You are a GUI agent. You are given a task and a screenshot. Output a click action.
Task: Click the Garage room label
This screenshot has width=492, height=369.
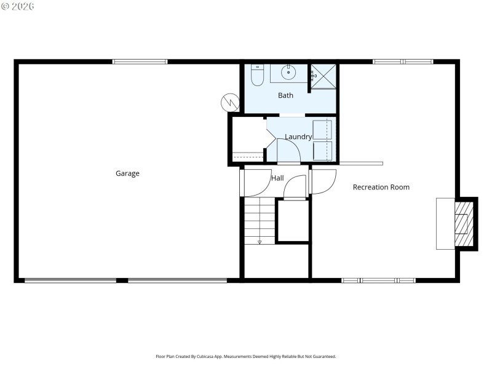[x=127, y=173]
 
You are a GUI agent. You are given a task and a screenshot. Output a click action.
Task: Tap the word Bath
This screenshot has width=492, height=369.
[x=285, y=95]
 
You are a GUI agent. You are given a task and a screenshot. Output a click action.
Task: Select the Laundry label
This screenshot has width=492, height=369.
[x=298, y=137]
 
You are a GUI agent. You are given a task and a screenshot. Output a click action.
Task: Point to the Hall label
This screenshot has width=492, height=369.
[x=277, y=178]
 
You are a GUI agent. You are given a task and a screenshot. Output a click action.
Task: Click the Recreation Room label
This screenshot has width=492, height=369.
[x=381, y=187]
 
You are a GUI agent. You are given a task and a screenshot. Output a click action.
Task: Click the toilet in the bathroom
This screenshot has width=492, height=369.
[x=258, y=74]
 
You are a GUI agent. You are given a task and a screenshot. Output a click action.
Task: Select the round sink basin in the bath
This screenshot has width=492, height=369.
[x=288, y=73]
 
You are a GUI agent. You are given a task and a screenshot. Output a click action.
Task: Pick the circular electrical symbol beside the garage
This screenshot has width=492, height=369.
[x=229, y=102]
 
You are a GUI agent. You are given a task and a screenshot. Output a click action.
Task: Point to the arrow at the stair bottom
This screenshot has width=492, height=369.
[x=260, y=242]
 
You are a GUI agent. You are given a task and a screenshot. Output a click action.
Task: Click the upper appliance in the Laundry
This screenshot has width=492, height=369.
[x=322, y=130]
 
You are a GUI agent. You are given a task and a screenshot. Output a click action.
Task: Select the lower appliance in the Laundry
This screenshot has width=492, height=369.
[x=322, y=151]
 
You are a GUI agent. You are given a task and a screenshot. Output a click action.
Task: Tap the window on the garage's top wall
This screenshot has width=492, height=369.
[x=140, y=61]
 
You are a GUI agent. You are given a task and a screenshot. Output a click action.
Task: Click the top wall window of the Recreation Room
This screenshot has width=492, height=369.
[x=403, y=61]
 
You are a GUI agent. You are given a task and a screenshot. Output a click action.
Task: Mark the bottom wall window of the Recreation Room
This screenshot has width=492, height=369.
[x=378, y=280]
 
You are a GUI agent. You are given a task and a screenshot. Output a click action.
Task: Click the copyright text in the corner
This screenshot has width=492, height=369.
[x=18, y=6]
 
